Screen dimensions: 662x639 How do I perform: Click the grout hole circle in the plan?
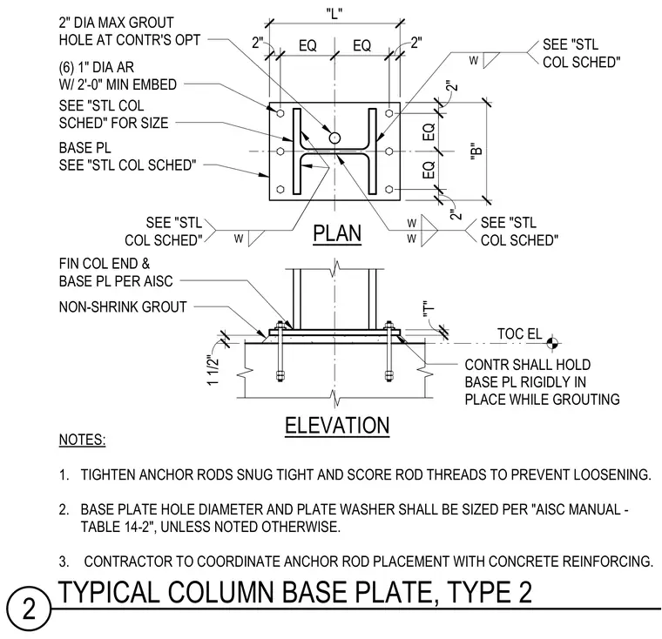[334, 138]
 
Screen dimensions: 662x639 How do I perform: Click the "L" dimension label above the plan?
[334, 14]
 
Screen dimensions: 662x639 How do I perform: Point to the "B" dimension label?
[476, 151]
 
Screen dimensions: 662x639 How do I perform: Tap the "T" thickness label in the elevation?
[428, 309]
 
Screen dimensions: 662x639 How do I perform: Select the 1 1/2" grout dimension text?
[213, 370]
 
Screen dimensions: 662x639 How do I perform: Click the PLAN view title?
[337, 233]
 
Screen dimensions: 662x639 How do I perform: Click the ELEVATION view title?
[337, 426]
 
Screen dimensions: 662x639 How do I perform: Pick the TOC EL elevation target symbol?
[551, 343]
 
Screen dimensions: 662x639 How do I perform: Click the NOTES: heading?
[83, 440]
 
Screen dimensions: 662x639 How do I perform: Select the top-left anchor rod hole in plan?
[280, 113]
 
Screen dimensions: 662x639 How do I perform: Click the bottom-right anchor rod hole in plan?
[389, 189]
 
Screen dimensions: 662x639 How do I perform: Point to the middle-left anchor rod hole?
[280, 151]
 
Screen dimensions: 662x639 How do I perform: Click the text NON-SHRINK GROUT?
[123, 306]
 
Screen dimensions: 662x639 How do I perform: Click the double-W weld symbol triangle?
[429, 231]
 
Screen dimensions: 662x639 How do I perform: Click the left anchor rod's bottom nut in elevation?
[280, 375]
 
